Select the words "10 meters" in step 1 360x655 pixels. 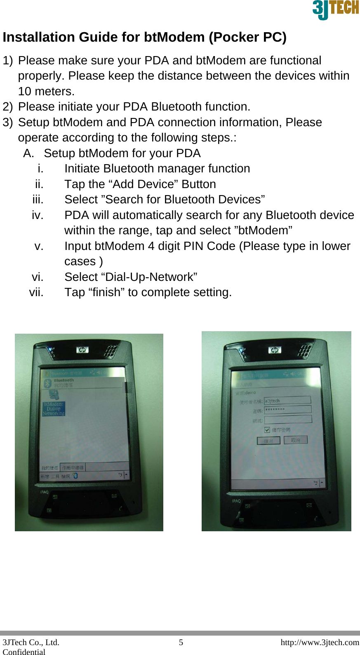pos(45,91)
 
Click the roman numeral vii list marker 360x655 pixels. pos(36,292)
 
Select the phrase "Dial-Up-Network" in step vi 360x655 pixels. pos(149,277)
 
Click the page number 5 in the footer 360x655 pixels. pos(181,642)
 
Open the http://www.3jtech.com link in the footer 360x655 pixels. pos(320,642)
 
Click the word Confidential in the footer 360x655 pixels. pos(24,652)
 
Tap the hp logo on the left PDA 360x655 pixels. pos(82,350)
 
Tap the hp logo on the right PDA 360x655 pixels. pos(274,350)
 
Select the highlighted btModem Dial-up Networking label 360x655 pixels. pos(54,409)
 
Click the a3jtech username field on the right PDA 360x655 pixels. pos(287,400)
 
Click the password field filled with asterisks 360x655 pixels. pos(287,409)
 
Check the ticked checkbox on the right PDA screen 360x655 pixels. pos(267,430)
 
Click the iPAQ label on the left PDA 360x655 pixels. pos(44,492)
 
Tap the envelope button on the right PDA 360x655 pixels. pos(309,505)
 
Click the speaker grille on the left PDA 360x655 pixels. pos(110,351)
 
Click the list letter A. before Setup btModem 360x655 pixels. pos(28,153)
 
